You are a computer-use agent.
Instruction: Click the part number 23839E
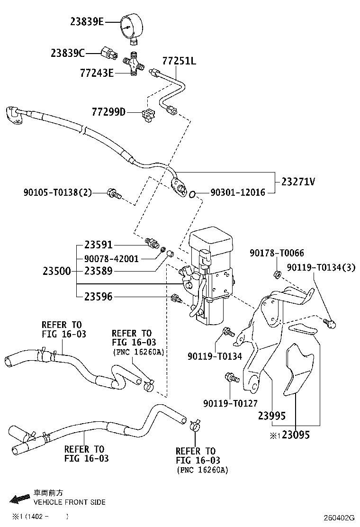coord(87,21)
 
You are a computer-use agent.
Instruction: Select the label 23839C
coord(68,53)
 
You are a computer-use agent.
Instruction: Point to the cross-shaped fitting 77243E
coord(135,64)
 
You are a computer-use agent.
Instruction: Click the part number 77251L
coord(179,61)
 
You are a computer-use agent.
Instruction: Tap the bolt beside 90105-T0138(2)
coord(114,193)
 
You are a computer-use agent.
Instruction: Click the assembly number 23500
coord(57,272)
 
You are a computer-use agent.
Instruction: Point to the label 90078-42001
coord(111,258)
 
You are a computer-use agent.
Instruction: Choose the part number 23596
coord(99,297)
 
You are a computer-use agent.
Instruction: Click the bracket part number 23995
coord(272,416)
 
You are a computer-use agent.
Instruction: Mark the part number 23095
coord(296,435)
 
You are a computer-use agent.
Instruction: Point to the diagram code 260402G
coord(339,517)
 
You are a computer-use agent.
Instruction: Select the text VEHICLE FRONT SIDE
coord(69,502)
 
